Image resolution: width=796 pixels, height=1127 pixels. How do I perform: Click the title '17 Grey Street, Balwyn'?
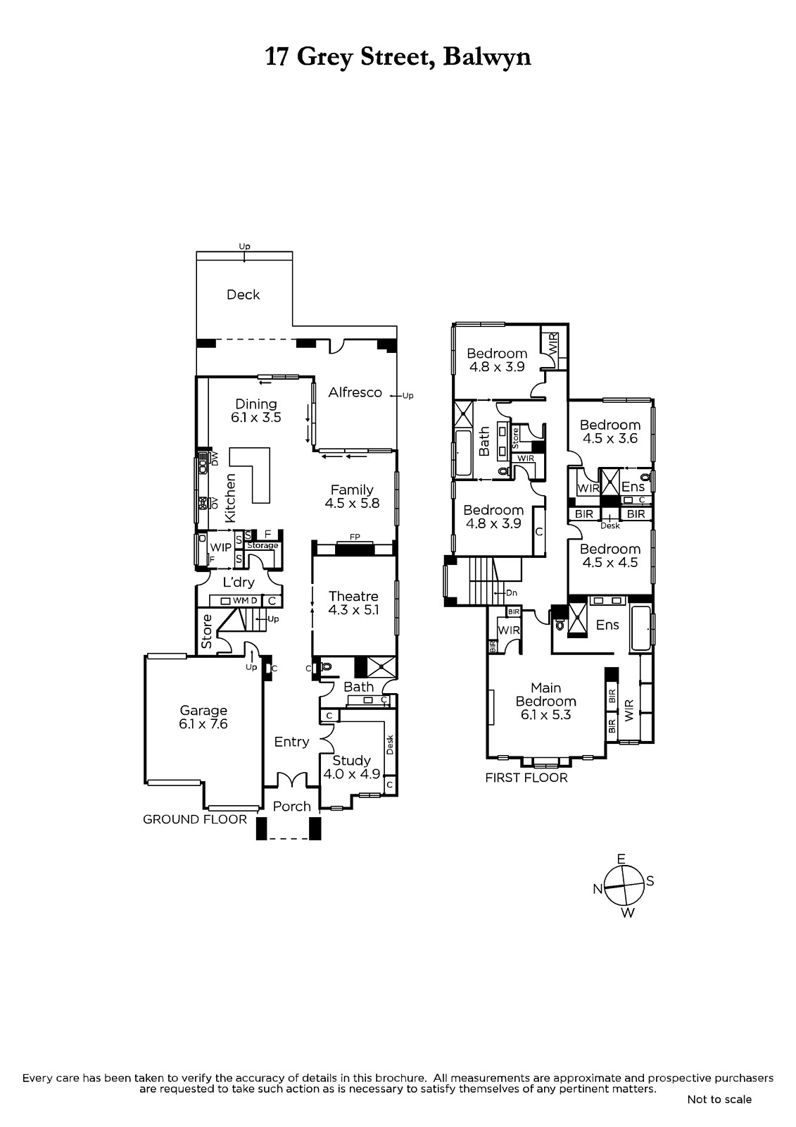(398, 58)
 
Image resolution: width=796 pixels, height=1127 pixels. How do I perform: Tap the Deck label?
(243, 294)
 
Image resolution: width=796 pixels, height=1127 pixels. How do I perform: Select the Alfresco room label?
(355, 392)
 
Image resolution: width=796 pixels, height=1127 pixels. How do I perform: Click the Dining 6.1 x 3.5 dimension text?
(256, 418)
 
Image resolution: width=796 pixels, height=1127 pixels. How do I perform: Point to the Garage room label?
(203, 711)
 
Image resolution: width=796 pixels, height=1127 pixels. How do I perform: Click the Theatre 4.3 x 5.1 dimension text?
(353, 610)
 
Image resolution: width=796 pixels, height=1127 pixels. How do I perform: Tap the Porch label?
(291, 806)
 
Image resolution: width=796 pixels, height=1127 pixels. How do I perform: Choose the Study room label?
(351, 760)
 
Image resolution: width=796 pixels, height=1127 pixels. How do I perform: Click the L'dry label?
(239, 582)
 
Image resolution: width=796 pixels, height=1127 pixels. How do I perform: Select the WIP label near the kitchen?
(220, 547)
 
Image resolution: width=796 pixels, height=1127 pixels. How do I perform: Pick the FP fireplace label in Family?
(355, 537)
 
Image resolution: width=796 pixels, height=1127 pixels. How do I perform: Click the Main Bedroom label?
(545, 695)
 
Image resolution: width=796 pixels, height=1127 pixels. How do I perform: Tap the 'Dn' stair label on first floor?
(512, 592)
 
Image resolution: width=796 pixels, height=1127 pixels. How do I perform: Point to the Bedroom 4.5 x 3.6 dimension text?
(610, 438)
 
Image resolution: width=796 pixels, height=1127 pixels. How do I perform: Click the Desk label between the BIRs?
(610, 525)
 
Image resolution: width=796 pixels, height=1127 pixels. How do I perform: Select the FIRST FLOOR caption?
(526, 778)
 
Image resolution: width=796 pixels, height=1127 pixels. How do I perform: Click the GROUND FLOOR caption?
(194, 819)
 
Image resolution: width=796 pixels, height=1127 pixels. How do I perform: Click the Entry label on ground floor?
(291, 742)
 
